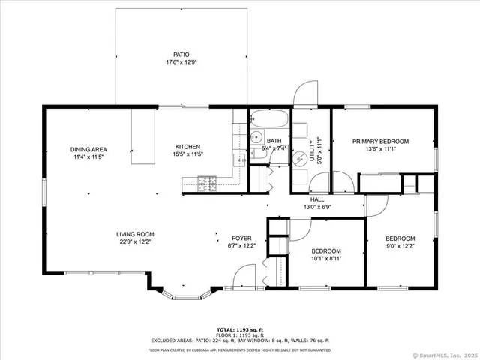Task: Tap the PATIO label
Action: point(181,55)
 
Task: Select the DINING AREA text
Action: point(88,149)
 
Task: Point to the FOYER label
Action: point(241,237)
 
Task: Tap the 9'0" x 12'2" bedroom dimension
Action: point(400,245)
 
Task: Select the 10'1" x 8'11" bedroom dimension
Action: point(326,259)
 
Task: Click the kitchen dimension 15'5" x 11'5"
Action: point(188,154)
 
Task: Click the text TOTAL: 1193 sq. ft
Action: point(240,330)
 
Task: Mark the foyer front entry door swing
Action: point(244,278)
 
